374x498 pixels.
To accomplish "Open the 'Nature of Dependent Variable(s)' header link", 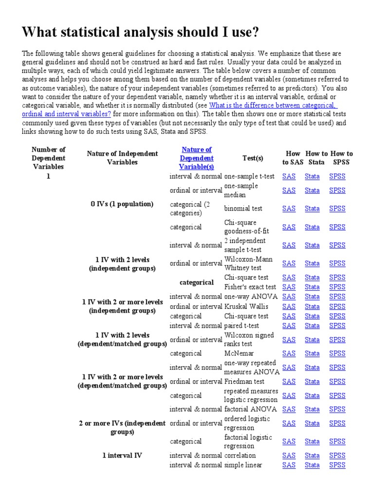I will coord(196,158).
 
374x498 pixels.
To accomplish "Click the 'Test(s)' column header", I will coord(252,158).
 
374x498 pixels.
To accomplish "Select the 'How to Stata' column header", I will coord(317,158).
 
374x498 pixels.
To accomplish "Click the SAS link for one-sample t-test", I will coord(289,177).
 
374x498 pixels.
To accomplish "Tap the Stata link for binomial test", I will coord(312,209).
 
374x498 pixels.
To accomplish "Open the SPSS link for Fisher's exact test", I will coord(337,287).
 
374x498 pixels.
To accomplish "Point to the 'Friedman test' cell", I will coord(244,381).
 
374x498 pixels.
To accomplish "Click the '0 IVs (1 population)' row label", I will coord(122,204).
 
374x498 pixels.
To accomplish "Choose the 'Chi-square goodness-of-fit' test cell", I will coord(246,227).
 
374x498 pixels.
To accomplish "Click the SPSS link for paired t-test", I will coord(337,326).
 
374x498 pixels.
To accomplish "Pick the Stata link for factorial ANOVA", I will coord(312,409).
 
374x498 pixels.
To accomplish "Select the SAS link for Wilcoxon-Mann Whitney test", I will coord(289,264).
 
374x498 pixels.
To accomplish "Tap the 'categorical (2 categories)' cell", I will coord(189,209).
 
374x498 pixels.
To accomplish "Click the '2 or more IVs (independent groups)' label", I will coord(122,427).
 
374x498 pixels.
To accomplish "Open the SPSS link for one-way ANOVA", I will coord(337,297).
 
